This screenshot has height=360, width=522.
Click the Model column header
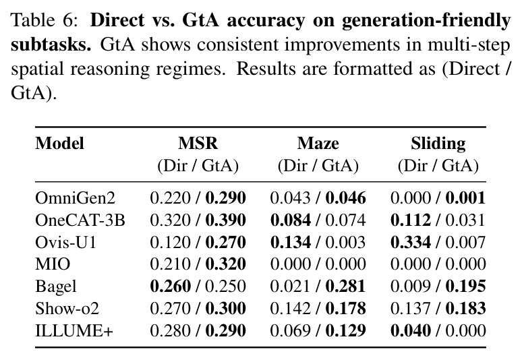(59, 144)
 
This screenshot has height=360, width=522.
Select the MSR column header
(198, 144)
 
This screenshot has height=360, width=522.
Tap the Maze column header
(318, 144)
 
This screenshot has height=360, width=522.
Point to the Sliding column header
(438, 144)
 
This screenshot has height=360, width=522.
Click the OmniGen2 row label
(76, 198)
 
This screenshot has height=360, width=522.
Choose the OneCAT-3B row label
(80, 220)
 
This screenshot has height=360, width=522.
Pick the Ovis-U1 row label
(65, 242)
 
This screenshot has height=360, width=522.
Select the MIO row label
(53, 264)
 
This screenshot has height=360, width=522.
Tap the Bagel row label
(56, 287)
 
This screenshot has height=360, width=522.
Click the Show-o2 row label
(67, 308)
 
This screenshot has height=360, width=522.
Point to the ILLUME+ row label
(74, 330)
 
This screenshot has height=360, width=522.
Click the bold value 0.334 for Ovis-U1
(411, 242)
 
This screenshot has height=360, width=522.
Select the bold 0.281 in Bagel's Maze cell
(345, 286)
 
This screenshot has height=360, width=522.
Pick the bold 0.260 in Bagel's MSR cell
(170, 286)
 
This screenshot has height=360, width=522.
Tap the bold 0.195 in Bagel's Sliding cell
(465, 286)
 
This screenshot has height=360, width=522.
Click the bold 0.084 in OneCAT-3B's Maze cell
(291, 220)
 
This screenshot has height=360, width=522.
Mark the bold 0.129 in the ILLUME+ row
(345, 330)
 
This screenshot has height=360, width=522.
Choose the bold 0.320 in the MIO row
(225, 264)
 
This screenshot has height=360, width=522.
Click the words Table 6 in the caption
(44, 20)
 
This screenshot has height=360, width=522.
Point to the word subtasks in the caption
(51, 44)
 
